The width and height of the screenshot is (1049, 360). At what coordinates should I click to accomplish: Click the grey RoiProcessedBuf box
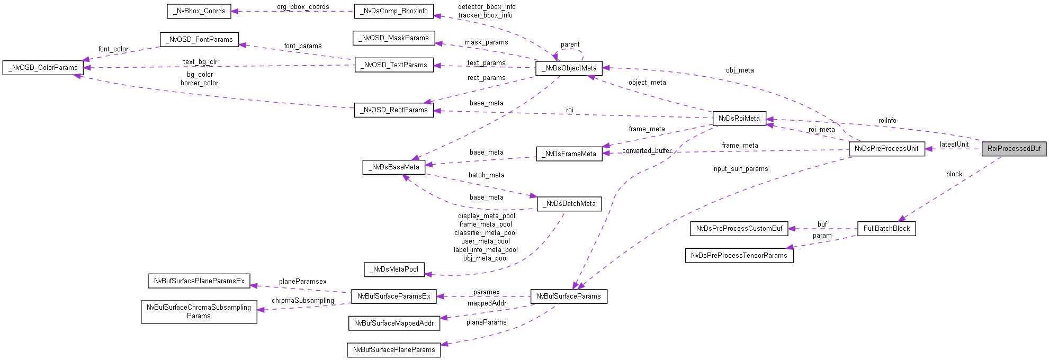tap(1014, 149)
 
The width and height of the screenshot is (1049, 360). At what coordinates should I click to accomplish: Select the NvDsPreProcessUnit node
tap(886, 149)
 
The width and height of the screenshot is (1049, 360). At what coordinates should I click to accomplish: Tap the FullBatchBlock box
tap(886, 229)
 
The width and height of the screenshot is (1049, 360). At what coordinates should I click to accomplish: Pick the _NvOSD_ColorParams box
tap(43, 68)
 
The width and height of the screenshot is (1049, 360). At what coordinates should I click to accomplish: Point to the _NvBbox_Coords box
tap(199, 11)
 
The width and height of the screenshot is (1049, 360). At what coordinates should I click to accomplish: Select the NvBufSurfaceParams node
tap(568, 296)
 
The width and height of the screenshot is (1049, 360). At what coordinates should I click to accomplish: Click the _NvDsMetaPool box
tap(394, 269)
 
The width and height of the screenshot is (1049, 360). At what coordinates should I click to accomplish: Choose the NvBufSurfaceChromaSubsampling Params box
tap(199, 312)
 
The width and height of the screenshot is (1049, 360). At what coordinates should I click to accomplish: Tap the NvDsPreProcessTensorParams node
tap(739, 256)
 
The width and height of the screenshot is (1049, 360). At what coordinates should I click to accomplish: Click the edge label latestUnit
tap(954, 145)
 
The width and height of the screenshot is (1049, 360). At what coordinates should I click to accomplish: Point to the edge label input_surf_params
tap(740, 169)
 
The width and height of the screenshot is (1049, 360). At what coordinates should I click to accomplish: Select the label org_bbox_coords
tap(303, 7)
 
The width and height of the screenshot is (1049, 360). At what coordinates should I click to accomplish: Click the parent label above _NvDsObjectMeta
tap(570, 44)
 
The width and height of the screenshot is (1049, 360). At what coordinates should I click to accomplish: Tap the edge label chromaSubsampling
tap(303, 301)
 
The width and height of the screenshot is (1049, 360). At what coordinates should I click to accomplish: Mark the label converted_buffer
tap(647, 151)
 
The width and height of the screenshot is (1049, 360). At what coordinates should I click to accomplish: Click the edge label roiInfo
tap(887, 121)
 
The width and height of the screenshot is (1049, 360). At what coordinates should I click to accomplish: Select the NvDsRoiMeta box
tap(739, 119)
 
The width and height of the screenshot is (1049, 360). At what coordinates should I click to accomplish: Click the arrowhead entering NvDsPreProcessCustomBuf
tap(791, 229)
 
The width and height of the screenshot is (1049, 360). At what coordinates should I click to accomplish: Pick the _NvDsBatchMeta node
tap(569, 204)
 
